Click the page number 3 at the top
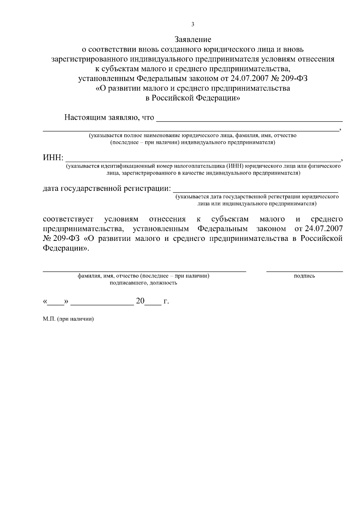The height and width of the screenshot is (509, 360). (x=193, y=24)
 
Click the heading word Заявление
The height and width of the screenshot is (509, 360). (x=193, y=39)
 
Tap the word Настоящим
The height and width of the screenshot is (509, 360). (x=85, y=117)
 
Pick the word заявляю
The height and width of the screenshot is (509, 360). (x=123, y=117)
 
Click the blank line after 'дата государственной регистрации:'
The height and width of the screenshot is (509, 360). (x=256, y=191)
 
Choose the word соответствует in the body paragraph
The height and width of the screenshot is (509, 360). (x=68, y=219)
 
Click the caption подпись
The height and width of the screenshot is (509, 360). (x=304, y=276)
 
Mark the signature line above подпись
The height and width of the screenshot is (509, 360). (x=304, y=271)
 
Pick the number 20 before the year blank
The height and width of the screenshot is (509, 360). (x=140, y=301)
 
